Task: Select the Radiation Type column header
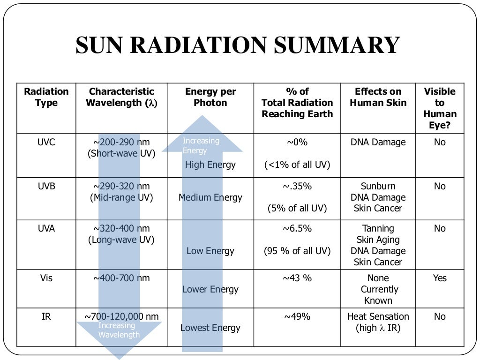(x=46, y=97)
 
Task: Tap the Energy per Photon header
(x=210, y=97)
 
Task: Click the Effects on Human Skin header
(x=378, y=97)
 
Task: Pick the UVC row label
(x=46, y=142)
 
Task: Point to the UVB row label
(x=46, y=186)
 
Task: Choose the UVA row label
(x=46, y=228)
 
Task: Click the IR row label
(x=46, y=316)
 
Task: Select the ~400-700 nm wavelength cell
(x=121, y=278)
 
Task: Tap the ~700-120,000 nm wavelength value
(x=121, y=316)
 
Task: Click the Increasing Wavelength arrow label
(x=119, y=330)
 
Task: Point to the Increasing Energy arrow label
(x=201, y=145)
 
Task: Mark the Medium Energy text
(x=210, y=197)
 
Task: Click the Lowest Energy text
(x=210, y=328)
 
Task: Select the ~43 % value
(x=297, y=278)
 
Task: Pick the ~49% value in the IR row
(x=297, y=316)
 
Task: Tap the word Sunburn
(x=378, y=186)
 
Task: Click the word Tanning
(x=378, y=228)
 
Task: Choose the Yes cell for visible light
(x=440, y=278)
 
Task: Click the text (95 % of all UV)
(x=297, y=251)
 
